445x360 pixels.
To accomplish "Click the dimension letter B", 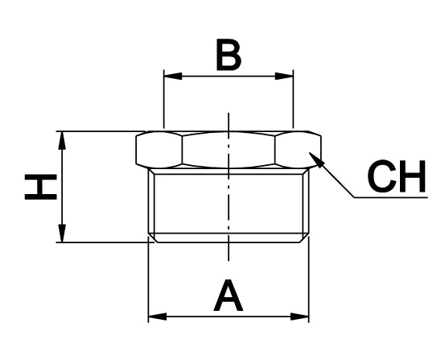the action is click(x=229, y=55).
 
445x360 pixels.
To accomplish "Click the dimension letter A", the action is click(x=229, y=296).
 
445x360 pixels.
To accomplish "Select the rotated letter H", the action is click(x=41, y=187).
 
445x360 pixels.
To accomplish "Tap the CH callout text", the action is click(x=397, y=176).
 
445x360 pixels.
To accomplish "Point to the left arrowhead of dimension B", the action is click(x=173, y=77).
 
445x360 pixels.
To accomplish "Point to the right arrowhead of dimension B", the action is click(x=284, y=77).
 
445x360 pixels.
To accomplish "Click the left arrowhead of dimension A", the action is click(x=158, y=317).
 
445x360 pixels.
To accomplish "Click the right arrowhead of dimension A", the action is click(x=299, y=317).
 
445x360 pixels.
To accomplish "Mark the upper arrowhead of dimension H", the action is click(x=62, y=140).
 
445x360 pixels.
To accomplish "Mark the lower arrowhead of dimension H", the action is click(x=62, y=234).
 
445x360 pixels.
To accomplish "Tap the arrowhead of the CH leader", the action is click(x=317, y=160).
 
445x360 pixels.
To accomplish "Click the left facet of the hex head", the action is click(x=159, y=150).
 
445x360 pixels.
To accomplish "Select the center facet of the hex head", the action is click(x=229, y=150).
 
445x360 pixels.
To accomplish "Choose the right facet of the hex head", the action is click(x=298, y=150).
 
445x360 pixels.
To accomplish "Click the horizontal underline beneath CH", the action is click(x=391, y=197).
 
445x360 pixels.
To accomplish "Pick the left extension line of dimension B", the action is click(x=163, y=99).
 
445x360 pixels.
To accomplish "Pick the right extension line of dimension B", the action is click(x=293, y=99).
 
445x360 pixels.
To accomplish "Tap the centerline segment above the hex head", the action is click(x=229, y=122).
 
